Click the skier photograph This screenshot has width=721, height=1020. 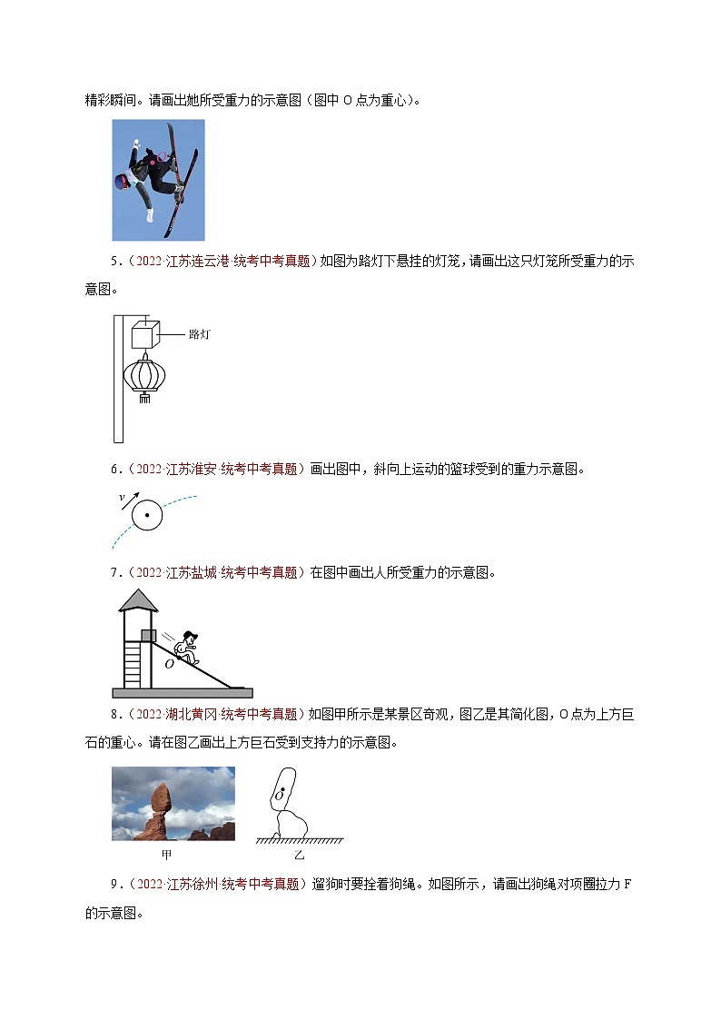(158, 180)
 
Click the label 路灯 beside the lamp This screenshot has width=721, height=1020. (199, 334)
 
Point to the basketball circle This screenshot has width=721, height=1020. (145, 516)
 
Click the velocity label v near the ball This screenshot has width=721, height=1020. (121, 498)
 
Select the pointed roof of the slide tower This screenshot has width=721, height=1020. (138, 599)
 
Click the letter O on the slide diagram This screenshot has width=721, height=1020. (169, 664)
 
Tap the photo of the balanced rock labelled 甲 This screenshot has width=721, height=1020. (173, 803)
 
